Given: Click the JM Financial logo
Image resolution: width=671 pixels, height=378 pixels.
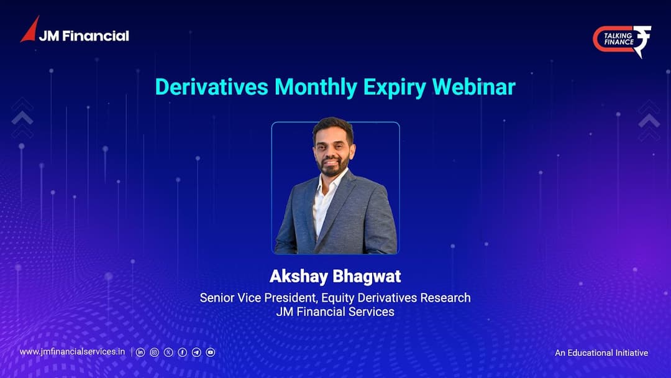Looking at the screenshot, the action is point(75,30).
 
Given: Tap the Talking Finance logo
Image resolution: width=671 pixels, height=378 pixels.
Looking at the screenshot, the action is point(622,40).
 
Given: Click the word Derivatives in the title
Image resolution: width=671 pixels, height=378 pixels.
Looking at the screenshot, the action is point(211,87).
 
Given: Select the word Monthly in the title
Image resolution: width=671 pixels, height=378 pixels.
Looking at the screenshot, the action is point(316,87).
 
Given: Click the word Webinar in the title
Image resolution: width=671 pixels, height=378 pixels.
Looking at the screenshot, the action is point(473,87).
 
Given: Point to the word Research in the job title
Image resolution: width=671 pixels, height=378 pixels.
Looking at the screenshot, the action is point(445,298).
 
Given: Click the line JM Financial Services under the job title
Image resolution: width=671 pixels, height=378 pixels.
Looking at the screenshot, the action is point(335,311).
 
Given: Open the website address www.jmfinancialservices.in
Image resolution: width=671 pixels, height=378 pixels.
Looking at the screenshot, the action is point(72,352).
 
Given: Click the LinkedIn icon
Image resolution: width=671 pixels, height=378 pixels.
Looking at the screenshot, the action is point(140,353).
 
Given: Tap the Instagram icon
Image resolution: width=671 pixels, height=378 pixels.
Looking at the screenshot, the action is point(155,353).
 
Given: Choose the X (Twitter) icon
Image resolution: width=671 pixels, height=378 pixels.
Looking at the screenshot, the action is point(168,353).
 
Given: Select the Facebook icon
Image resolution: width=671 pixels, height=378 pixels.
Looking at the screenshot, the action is point(182,353).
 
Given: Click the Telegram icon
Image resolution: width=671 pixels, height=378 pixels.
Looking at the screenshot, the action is point(196,353).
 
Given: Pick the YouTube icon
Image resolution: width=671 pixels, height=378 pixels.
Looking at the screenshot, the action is point(211,353).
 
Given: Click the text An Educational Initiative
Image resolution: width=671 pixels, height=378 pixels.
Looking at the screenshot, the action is point(601,353).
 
